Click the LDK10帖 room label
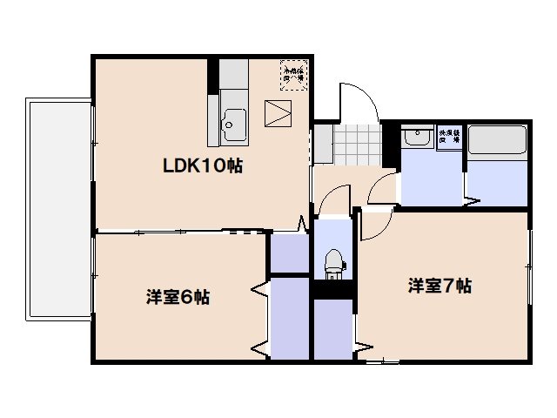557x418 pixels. [x=199, y=165]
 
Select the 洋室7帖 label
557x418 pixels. [x=440, y=286]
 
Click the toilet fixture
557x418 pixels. [x=332, y=260]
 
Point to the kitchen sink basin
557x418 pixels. [x=234, y=122]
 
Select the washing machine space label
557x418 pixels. [x=449, y=136]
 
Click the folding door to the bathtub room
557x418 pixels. [x=471, y=202]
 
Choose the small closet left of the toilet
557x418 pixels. [x=288, y=252]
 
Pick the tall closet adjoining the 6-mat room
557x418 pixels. [x=290, y=318]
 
